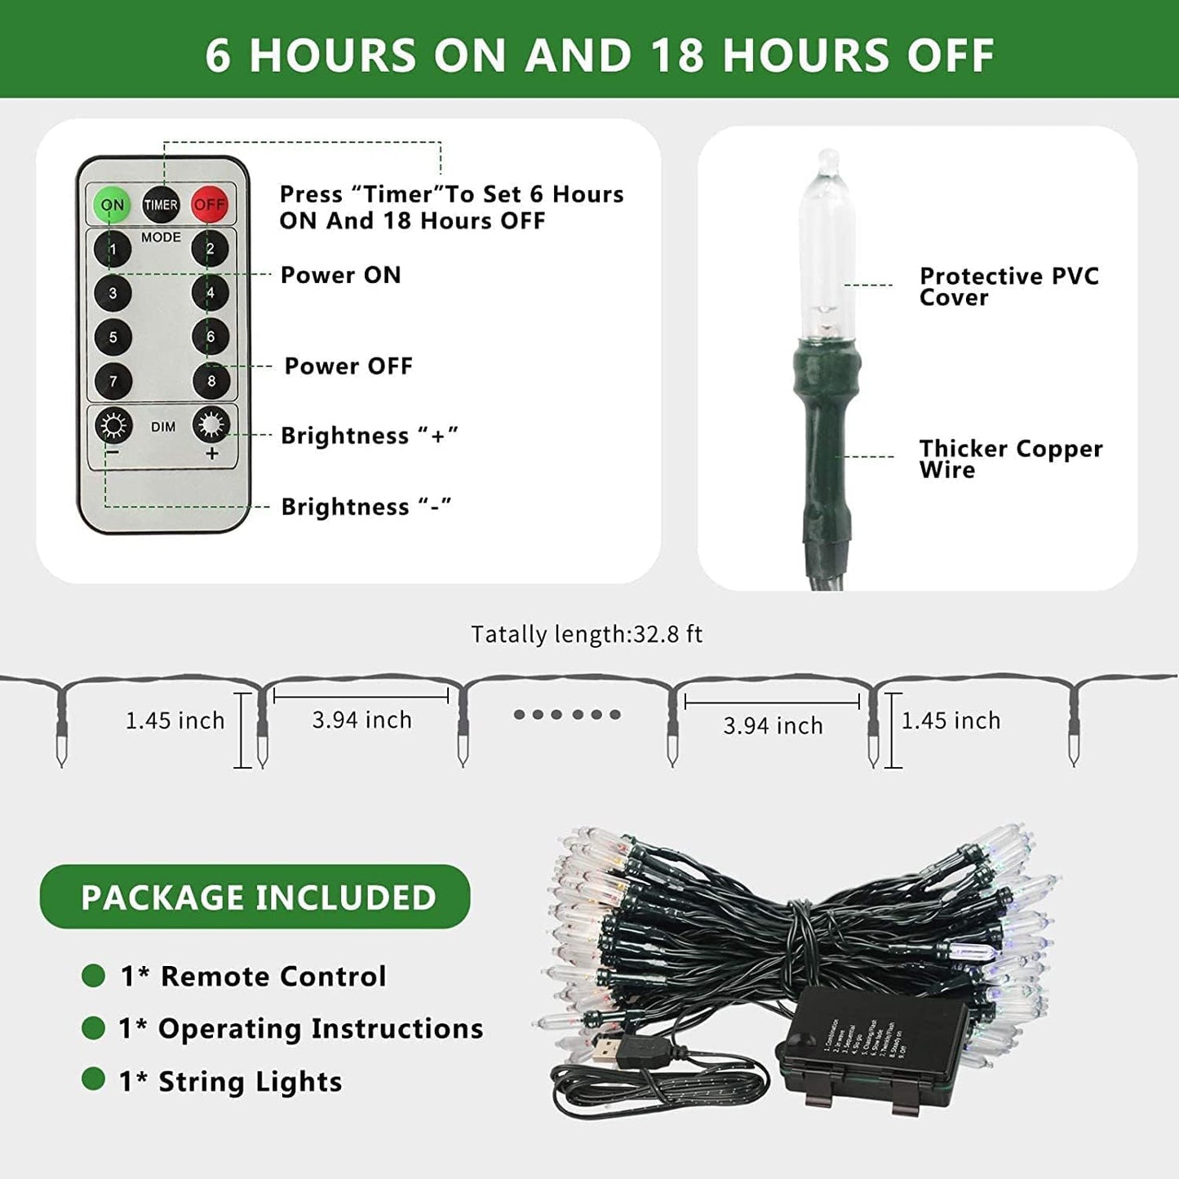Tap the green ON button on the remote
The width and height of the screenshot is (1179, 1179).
[x=112, y=205]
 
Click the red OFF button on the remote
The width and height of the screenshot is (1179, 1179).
[x=209, y=205]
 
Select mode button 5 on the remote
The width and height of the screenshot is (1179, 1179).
[x=113, y=337]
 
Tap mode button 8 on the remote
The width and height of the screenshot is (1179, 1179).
[x=211, y=380]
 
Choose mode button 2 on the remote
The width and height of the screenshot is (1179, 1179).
[x=210, y=249]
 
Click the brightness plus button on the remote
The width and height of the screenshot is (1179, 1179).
[x=211, y=426]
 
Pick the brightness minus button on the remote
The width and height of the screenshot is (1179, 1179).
[x=113, y=426]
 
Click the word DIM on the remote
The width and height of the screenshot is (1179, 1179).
[x=163, y=427]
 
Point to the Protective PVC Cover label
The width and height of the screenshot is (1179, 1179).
[x=1008, y=286]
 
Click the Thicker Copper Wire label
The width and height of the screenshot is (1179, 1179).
[x=1010, y=459]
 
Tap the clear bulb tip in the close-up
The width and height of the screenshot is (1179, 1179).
[x=828, y=160]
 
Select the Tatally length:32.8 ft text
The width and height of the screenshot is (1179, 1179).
[x=586, y=635]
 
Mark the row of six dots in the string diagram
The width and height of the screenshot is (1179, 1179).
[x=567, y=715]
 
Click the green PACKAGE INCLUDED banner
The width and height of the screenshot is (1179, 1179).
[x=255, y=897]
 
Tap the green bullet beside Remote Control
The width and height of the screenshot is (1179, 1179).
[x=94, y=976]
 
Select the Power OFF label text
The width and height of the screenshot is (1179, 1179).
[x=348, y=366]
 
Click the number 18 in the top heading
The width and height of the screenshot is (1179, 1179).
[x=677, y=55]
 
